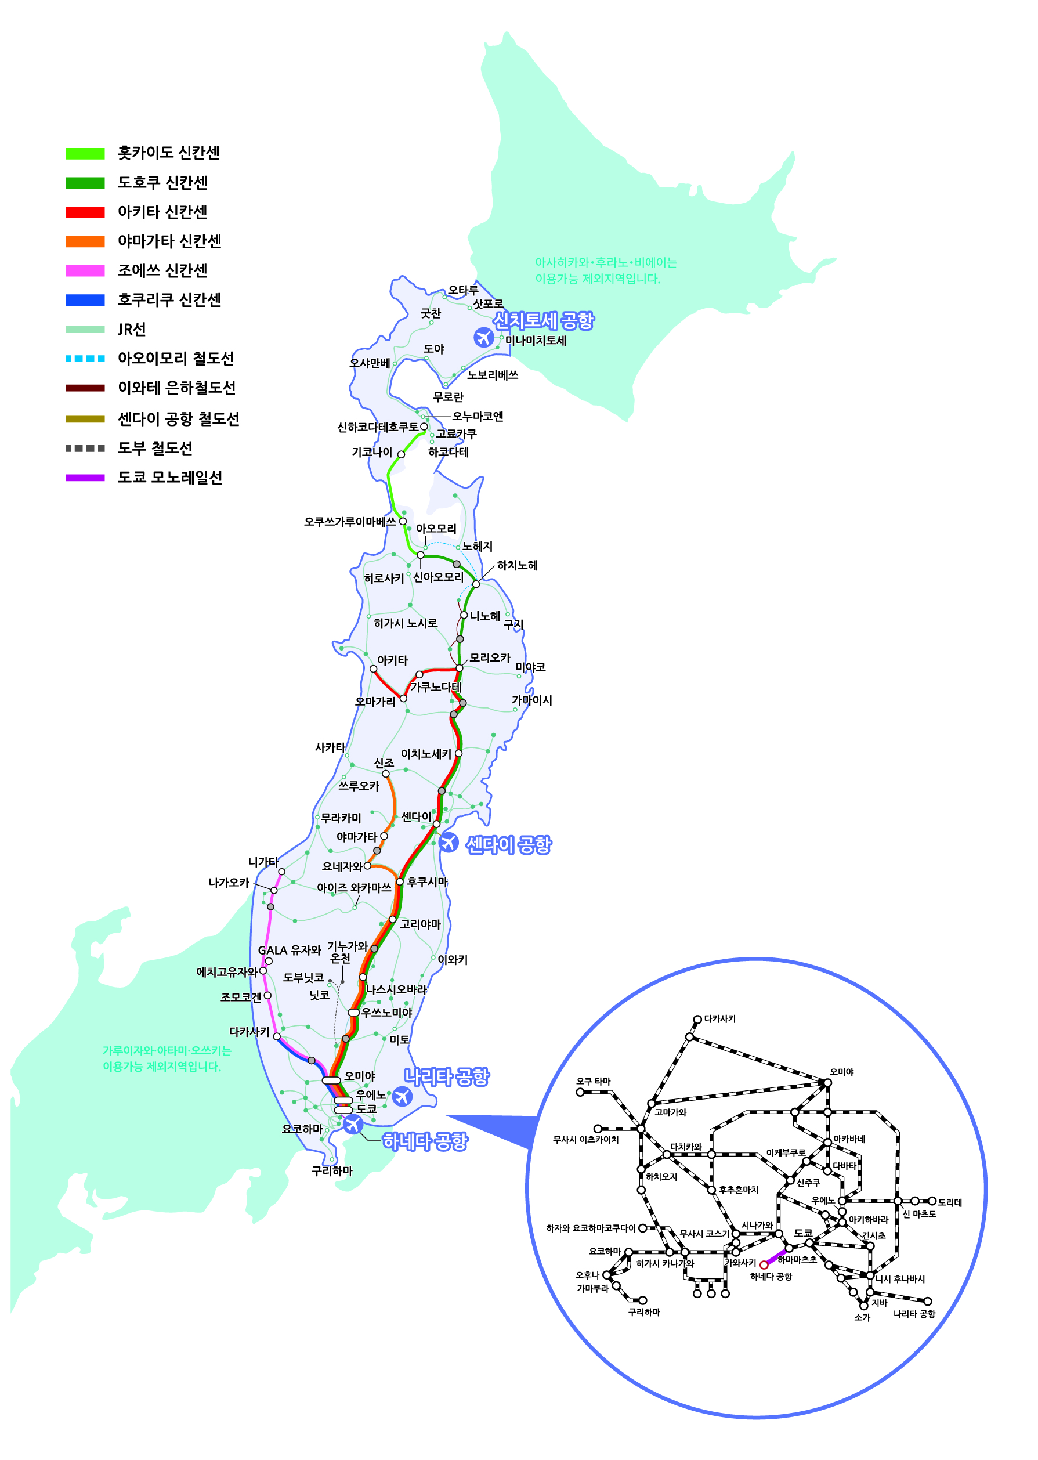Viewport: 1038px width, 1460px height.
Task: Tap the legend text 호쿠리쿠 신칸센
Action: tap(169, 300)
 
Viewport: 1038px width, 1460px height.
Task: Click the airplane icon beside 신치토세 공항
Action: tap(483, 337)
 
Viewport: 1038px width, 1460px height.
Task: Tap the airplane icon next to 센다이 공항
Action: tap(449, 843)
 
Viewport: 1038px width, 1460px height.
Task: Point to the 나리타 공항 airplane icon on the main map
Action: tap(402, 1096)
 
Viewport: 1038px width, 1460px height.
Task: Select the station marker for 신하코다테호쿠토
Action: tap(424, 427)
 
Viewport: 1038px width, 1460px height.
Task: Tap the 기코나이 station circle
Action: tap(401, 454)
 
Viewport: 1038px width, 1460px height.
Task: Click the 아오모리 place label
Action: tap(436, 529)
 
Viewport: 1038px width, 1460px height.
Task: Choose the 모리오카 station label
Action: tap(490, 657)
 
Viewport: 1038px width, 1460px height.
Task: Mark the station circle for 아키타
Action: tap(373, 668)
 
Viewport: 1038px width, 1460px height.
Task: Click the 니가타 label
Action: tap(263, 862)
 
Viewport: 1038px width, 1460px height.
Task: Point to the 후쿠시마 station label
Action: tap(427, 882)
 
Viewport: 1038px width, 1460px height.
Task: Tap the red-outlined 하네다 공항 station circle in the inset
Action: tap(763, 1264)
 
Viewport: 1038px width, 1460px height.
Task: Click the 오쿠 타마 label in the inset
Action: tap(593, 1082)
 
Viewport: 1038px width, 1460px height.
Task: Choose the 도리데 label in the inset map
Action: tap(950, 1202)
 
